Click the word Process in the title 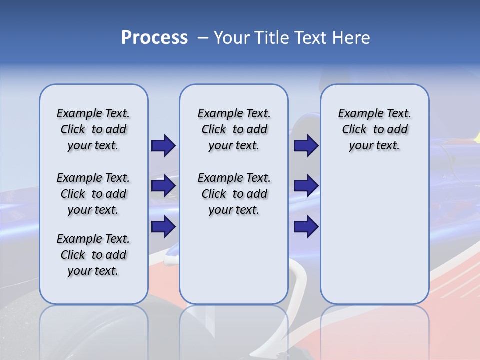tap(154, 38)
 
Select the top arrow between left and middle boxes tap(163, 145)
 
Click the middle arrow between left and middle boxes tap(163, 186)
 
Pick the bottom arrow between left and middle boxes tap(163, 227)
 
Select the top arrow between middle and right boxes tap(306, 145)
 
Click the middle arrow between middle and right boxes tap(306, 186)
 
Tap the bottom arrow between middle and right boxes tap(306, 227)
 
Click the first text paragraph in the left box tap(93, 129)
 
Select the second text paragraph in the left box tap(93, 194)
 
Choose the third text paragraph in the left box tap(93, 255)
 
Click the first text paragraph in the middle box tap(234, 129)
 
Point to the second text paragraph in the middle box tap(234, 194)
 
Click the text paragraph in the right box tap(374, 129)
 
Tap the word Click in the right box tap(354, 130)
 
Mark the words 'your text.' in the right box tap(374, 146)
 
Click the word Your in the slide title tap(231, 38)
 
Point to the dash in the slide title tap(202, 38)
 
